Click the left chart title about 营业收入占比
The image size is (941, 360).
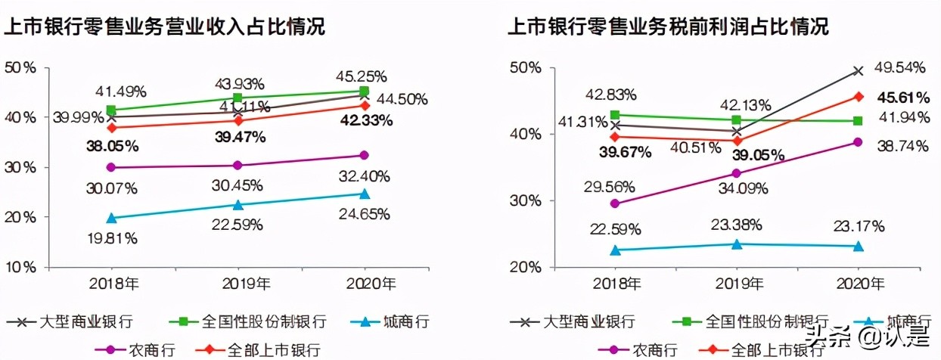(165, 27)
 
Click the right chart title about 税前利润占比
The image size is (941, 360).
(668, 27)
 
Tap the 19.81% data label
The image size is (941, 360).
(111, 238)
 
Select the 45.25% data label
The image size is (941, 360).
(362, 76)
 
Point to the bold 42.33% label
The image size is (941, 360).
(367, 120)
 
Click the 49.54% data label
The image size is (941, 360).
(900, 67)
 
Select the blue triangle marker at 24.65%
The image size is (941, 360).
(364, 194)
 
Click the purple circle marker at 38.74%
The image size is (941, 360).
(858, 142)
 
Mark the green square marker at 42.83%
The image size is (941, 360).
(614, 115)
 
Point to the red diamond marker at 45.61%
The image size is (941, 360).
(858, 96)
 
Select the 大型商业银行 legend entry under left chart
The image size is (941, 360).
(64, 321)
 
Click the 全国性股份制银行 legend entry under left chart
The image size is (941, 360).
(254, 321)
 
